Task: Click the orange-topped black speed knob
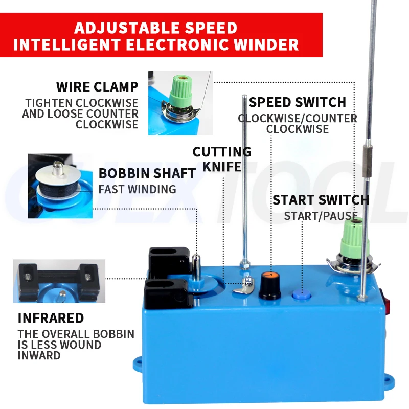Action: [x=270, y=286]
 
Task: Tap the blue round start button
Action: [x=302, y=294]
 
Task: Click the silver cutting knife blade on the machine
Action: [x=244, y=285]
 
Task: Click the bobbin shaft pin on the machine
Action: [x=196, y=267]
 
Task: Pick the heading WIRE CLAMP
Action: [x=97, y=87]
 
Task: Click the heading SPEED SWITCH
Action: [x=298, y=102]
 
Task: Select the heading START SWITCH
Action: [x=321, y=200]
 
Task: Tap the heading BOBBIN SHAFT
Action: [x=147, y=173]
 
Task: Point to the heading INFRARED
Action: [x=51, y=318]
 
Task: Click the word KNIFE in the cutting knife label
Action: [x=222, y=167]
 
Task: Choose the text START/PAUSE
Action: [x=321, y=216]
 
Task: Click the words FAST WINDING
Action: [x=137, y=189]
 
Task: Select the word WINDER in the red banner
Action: [x=266, y=44]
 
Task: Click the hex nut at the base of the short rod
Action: [x=245, y=266]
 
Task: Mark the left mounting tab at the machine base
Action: [x=138, y=364]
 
